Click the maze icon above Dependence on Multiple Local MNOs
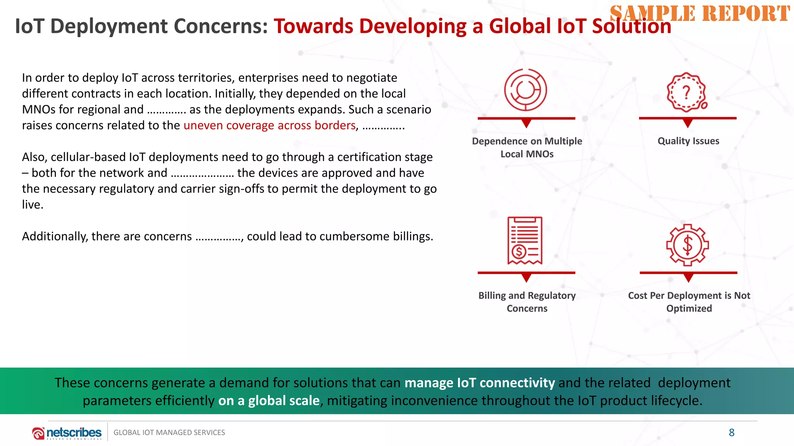coord(525,90)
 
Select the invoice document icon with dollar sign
coord(525,240)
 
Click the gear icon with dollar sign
coord(687,245)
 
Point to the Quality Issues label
coord(688,141)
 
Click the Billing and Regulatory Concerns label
coord(527,302)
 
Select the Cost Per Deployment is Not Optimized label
coord(689,302)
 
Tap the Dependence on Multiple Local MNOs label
coord(527,148)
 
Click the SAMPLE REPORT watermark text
coord(699,14)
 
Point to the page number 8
coord(732,432)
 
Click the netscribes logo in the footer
coord(67,433)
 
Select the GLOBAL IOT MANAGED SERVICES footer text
coord(169,432)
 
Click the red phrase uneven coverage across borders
coord(269,125)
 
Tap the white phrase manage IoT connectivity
coord(480,383)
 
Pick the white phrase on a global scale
coord(269,401)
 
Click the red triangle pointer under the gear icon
coord(689,278)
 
